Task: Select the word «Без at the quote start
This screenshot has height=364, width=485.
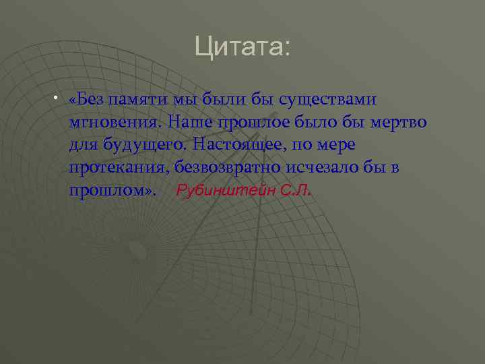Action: coord(88,100)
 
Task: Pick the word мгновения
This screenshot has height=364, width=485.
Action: coord(115,123)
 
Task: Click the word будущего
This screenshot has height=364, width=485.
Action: coord(145,145)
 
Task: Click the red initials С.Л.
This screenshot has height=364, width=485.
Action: coord(294,190)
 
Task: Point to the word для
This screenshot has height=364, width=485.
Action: coord(82,145)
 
